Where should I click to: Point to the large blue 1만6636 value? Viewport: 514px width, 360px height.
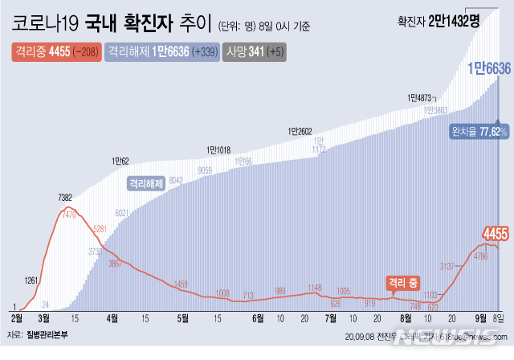489,70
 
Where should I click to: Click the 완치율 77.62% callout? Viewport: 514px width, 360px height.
479,131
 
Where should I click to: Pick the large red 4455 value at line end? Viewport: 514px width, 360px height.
495,234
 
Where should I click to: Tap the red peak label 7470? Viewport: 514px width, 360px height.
72,215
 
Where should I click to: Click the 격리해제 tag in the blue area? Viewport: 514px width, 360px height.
146,183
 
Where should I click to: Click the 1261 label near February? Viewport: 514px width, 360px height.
31,280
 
